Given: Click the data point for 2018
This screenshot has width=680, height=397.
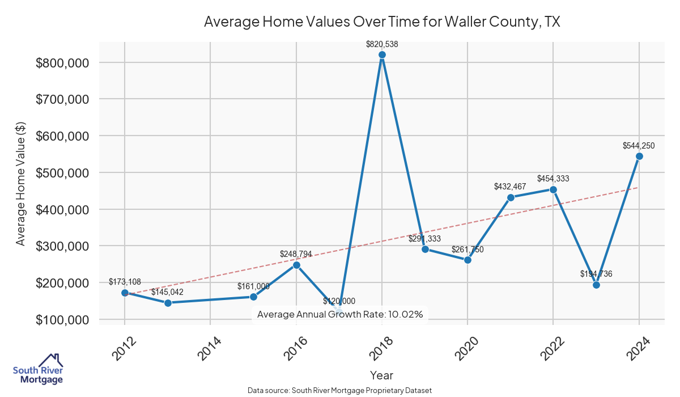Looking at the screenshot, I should (x=382, y=55).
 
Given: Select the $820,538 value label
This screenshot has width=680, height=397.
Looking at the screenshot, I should (x=382, y=43).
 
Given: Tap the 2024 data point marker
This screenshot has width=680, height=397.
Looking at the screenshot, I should (x=639, y=157).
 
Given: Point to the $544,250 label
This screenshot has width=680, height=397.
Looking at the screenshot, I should (x=639, y=146).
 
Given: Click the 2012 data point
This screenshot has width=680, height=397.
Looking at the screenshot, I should (x=125, y=293).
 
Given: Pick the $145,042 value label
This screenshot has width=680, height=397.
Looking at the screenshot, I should (x=167, y=292).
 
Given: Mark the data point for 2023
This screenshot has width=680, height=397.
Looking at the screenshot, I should (x=596, y=285).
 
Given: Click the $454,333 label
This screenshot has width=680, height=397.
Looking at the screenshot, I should (x=553, y=179).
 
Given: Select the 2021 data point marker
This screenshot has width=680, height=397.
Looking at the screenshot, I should (x=511, y=197).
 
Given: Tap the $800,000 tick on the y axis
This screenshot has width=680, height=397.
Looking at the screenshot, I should (x=62, y=62).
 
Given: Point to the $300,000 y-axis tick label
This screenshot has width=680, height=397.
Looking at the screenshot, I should (x=62, y=246).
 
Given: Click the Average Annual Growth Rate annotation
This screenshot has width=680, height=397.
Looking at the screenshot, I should (x=340, y=314).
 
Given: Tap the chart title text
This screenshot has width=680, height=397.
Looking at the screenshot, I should (x=381, y=22).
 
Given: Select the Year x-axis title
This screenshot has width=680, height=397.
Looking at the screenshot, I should (x=381, y=375).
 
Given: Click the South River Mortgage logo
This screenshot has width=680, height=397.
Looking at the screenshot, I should (x=38, y=369).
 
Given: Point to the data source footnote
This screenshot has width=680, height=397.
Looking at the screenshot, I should (x=339, y=390).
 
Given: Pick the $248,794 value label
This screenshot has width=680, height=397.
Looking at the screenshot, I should (x=296, y=254).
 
